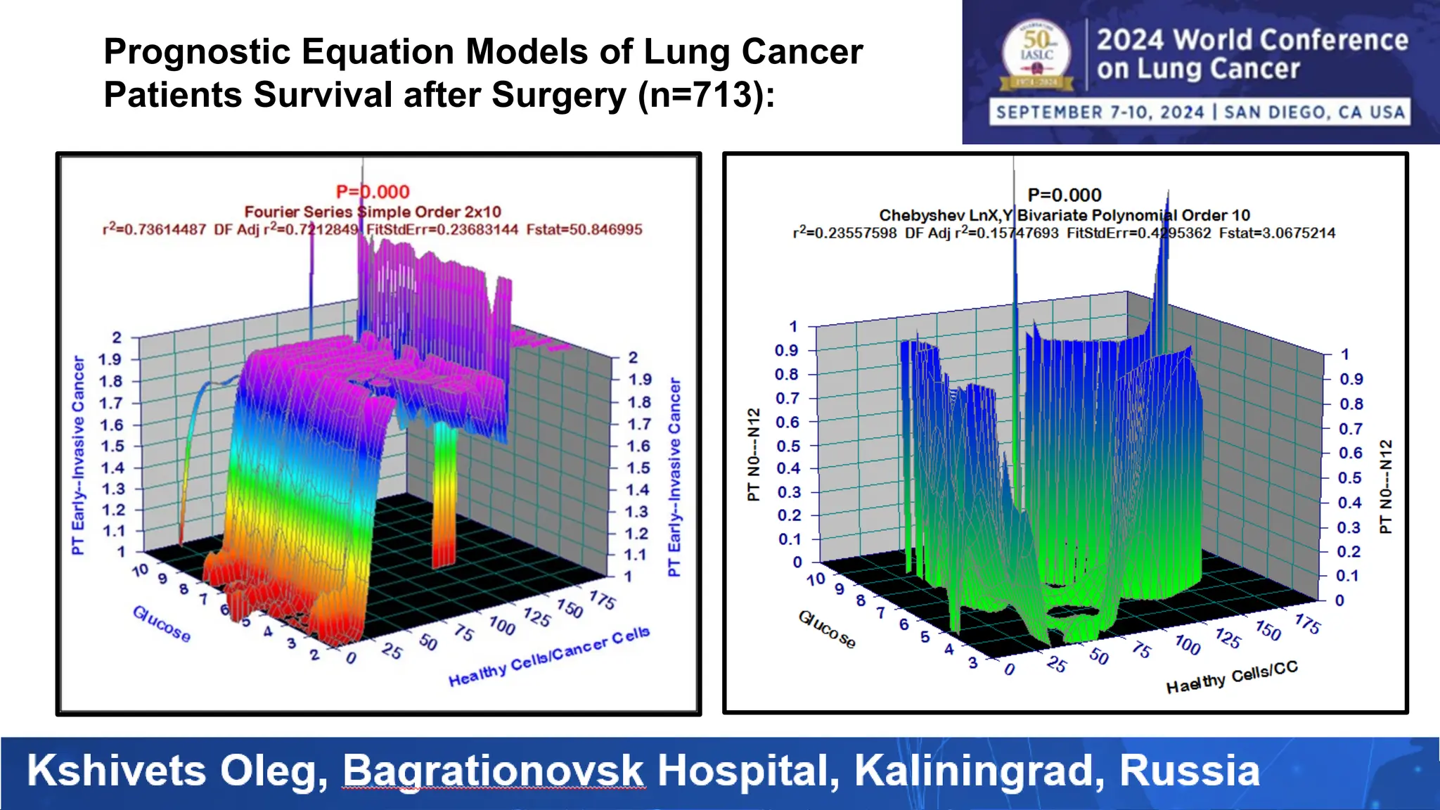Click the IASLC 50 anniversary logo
tap(1037, 56)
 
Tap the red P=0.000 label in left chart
tap(373, 191)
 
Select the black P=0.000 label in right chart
tap(1065, 195)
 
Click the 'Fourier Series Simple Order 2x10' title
tap(373, 212)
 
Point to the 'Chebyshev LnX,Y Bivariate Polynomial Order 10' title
tap(1065, 215)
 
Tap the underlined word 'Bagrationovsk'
tap(493, 771)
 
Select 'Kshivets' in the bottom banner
tap(117, 771)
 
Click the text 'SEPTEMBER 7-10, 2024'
tap(1100, 112)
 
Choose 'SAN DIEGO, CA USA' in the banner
tap(1314, 112)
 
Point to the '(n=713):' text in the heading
tap(706, 95)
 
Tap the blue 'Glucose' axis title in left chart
tap(162, 624)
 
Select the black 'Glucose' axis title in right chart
tap(827, 629)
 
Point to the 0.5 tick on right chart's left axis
tap(788, 446)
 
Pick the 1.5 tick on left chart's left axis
tap(111, 446)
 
